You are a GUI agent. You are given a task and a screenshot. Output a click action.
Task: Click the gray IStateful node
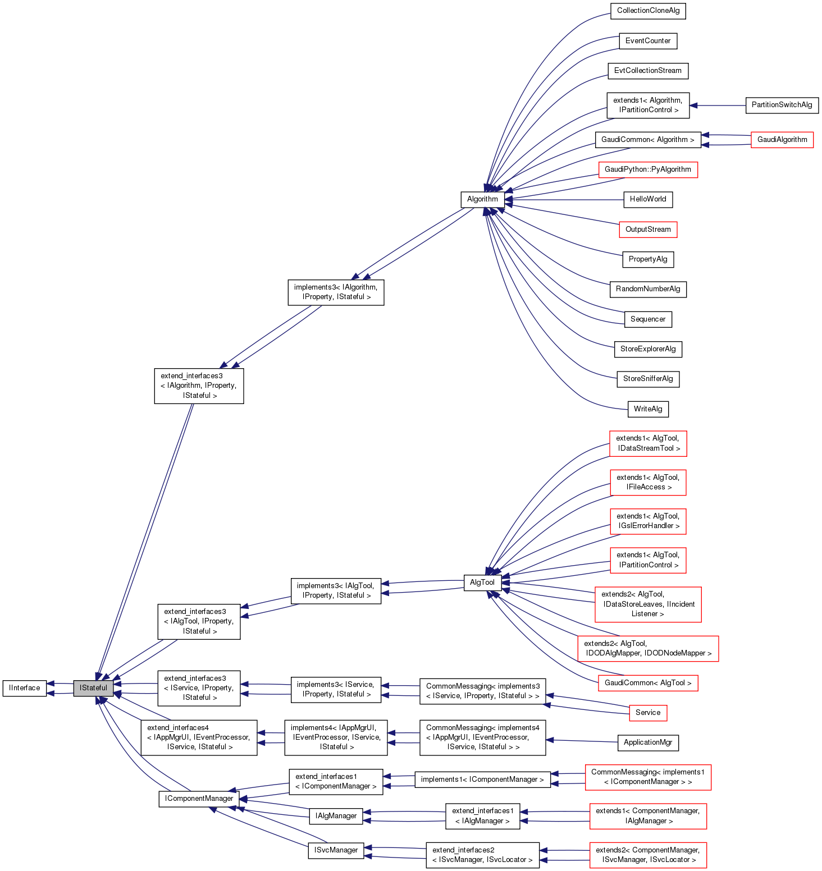[x=93, y=687]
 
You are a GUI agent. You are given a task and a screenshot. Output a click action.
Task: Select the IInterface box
[x=25, y=687]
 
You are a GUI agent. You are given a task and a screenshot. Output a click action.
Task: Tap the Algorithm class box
[x=482, y=199]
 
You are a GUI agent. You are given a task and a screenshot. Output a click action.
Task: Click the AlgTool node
[x=482, y=582]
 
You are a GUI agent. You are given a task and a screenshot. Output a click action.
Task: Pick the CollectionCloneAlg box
[x=648, y=11]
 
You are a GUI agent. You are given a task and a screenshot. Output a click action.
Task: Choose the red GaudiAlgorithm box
[x=782, y=139]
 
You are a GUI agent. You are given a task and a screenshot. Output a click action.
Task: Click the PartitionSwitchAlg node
[x=782, y=105]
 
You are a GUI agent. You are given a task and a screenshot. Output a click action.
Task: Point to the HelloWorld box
[x=648, y=199]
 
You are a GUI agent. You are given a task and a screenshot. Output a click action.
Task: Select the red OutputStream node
[x=648, y=229]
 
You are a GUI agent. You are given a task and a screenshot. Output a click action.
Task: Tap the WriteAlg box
[x=648, y=409]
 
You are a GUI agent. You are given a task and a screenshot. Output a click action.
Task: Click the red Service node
[x=648, y=712]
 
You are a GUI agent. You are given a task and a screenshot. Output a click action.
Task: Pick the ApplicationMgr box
[x=648, y=742]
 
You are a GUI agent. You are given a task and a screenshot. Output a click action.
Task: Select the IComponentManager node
[x=199, y=799]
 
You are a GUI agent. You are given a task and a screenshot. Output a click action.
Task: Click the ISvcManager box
[x=336, y=850]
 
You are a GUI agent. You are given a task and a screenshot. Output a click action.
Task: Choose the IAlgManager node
[x=336, y=815]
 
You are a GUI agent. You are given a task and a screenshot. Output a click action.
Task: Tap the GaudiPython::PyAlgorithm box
[x=648, y=169]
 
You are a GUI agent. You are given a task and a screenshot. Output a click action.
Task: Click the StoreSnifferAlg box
[x=648, y=379]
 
